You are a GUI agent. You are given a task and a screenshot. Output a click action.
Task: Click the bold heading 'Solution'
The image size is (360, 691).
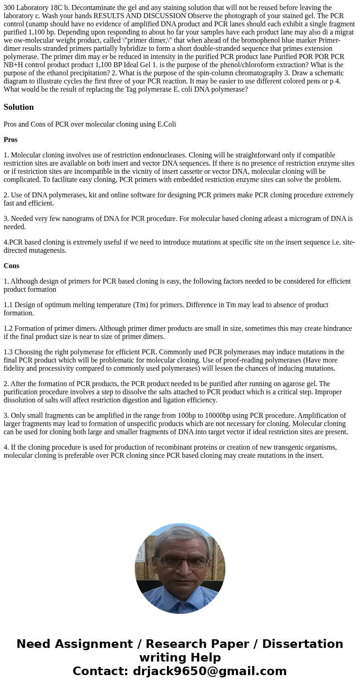tap(19, 107)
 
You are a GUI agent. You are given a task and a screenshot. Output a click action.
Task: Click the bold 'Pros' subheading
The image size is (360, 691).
tap(10, 140)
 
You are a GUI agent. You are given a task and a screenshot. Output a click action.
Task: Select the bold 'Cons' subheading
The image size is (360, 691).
tap(11, 266)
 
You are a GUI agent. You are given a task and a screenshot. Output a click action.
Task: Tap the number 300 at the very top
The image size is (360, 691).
tap(9, 8)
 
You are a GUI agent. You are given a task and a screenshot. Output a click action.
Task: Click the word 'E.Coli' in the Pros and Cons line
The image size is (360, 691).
tap(165, 124)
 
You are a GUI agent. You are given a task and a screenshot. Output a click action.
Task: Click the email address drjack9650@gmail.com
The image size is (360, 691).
tap(209, 671)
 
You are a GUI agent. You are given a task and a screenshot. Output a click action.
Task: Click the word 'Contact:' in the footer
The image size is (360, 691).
tap(100, 671)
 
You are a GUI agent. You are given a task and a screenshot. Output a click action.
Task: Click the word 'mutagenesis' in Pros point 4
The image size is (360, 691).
tap(46, 250)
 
